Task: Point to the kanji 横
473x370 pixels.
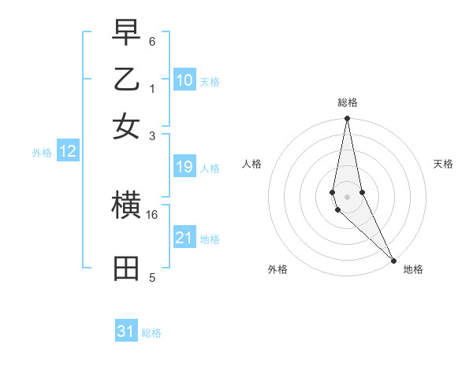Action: coord(126,206)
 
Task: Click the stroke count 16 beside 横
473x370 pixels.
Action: coord(152,214)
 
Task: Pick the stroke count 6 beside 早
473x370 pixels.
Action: coord(152,41)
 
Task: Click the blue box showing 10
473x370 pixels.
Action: coord(184,80)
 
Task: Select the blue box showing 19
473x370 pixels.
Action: coord(184,166)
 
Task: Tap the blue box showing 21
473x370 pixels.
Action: coord(184,238)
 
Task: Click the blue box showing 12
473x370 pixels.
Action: coord(68,152)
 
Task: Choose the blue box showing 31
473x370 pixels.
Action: coord(126,331)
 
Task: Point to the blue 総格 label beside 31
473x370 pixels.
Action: coord(151,333)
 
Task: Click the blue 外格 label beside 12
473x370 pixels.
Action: coord(42,154)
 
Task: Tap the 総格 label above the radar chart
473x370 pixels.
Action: coord(348,102)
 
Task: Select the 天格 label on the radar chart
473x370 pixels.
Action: coord(444,164)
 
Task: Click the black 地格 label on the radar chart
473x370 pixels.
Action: coord(413,269)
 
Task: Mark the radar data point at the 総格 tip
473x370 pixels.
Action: coord(347,120)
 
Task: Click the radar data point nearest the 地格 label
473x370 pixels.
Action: coord(393,260)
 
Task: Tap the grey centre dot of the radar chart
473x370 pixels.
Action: coord(347,196)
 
